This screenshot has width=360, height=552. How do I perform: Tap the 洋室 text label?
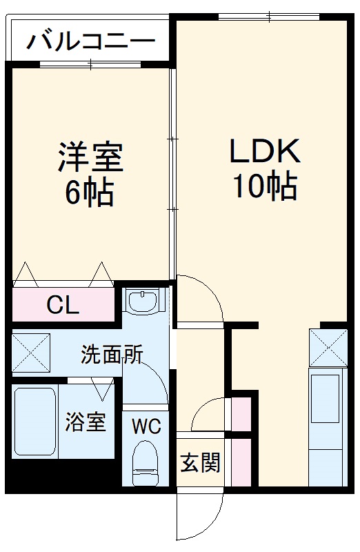(90, 157)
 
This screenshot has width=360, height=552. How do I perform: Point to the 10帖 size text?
(263, 186)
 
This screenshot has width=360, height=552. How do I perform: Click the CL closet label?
(62, 306)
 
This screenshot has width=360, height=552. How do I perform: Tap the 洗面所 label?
(112, 355)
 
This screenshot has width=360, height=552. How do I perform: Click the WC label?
(146, 426)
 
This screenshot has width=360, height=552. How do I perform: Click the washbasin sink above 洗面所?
(144, 301)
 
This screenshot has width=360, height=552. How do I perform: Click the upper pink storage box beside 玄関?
(241, 415)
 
